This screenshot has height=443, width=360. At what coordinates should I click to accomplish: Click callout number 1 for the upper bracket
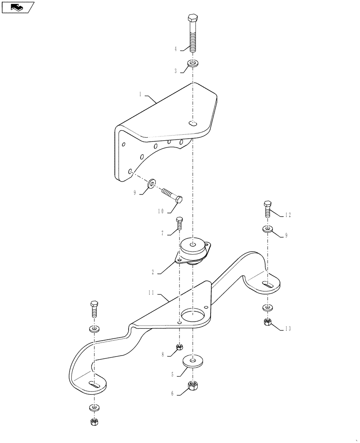(x=140, y=94)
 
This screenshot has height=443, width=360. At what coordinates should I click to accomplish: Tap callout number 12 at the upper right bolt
(x=288, y=215)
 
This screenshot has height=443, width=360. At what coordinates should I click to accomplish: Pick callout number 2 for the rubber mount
(x=153, y=272)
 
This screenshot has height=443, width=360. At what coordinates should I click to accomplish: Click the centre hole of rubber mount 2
(x=194, y=243)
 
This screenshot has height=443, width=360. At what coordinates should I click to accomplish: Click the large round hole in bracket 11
(x=193, y=315)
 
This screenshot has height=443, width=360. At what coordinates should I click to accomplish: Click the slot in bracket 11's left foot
(x=94, y=385)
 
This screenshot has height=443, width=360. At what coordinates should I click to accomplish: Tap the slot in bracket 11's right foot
(x=267, y=286)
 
